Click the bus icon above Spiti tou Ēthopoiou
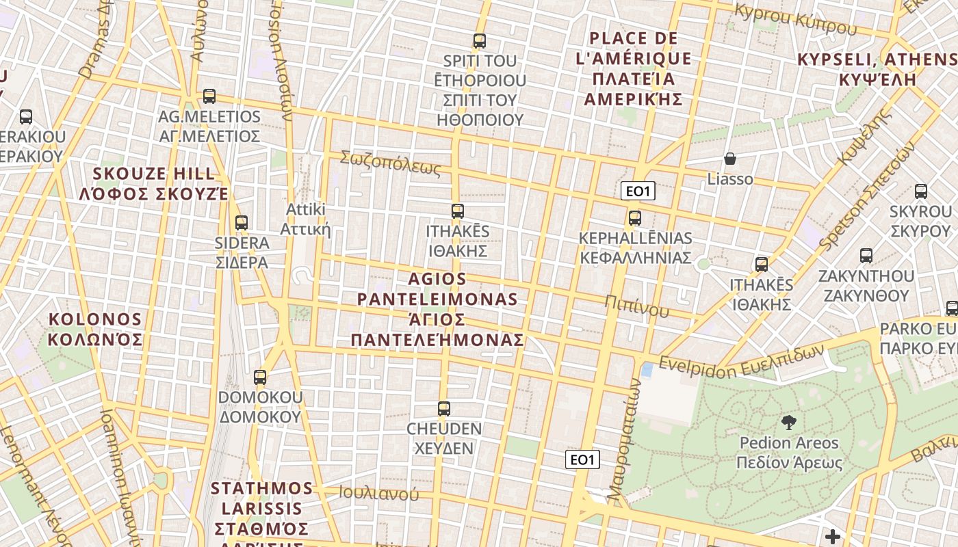click(480, 41)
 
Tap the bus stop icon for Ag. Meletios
click(209, 96)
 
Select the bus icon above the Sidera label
click(241, 223)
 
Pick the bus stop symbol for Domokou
click(260, 377)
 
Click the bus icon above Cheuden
click(444, 409)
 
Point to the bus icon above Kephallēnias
click(635, 218)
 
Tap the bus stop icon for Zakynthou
click(866, 256)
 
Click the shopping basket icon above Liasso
click(730, 159)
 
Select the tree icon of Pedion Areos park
click(788, 423)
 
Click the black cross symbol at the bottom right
click(832, 537)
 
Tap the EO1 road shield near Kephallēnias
click(638, 191)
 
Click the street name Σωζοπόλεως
click(391, 163)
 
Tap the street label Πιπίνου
click(636, 305)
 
